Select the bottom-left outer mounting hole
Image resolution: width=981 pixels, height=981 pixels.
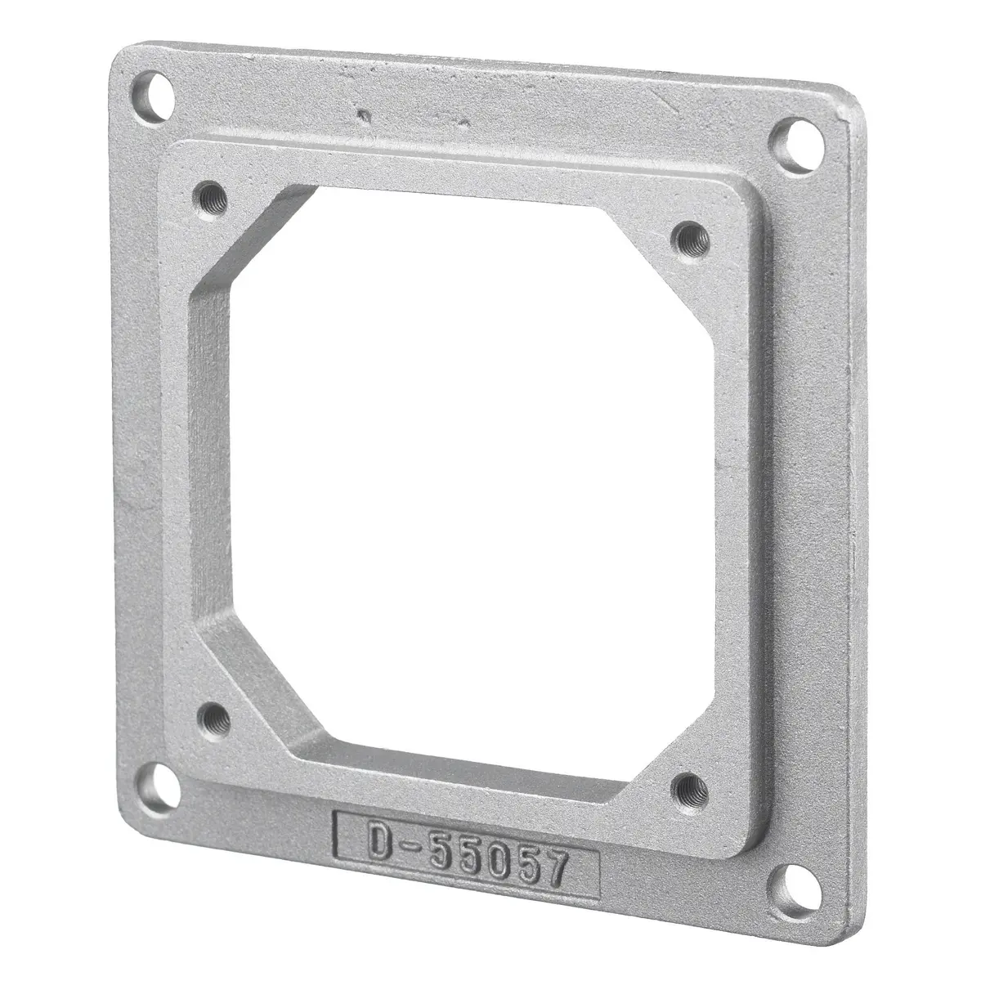[162, 791]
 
